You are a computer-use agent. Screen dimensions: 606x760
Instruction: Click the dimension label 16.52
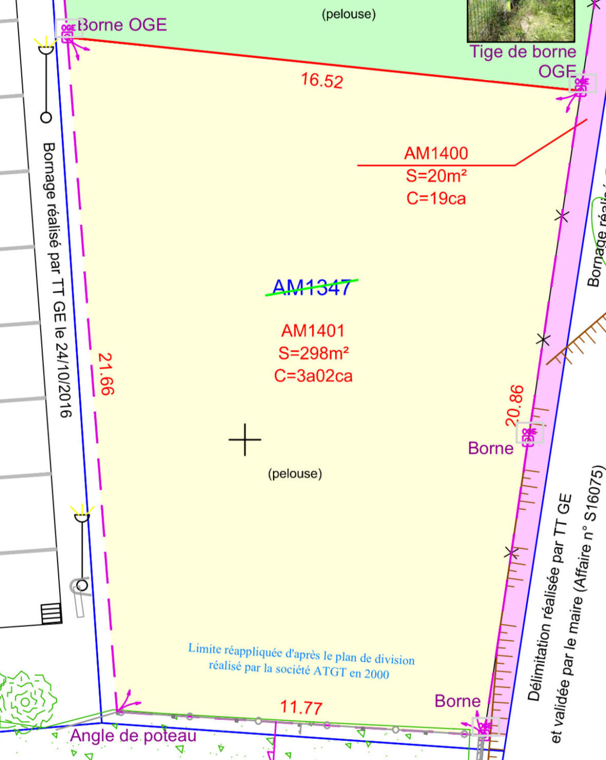tap(322, 80)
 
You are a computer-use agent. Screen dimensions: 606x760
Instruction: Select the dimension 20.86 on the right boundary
tap(515, 405)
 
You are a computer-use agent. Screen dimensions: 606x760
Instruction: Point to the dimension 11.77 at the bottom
tap(301, 707)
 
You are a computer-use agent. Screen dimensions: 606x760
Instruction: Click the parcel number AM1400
tap(436, 153)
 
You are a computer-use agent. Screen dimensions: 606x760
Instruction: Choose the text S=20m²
tap(436, 176)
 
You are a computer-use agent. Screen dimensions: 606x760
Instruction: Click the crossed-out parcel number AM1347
tap(311, 288)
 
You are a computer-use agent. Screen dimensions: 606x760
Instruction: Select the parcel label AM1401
tap(313, 331)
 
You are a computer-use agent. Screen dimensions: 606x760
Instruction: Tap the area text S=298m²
tap(314, 353)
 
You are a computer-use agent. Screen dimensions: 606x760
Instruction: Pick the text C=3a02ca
tap(313, 376)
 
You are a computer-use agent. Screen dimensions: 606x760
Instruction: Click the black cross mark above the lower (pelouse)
tap(245, 439)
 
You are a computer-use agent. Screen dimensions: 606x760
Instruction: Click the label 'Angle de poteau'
tap(133, 735)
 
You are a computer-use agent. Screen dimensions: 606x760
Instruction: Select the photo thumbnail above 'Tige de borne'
tap(520, 20)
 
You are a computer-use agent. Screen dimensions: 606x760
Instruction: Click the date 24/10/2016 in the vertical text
tap(63, 380)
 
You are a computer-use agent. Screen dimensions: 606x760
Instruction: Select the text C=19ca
tap(436, 198)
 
